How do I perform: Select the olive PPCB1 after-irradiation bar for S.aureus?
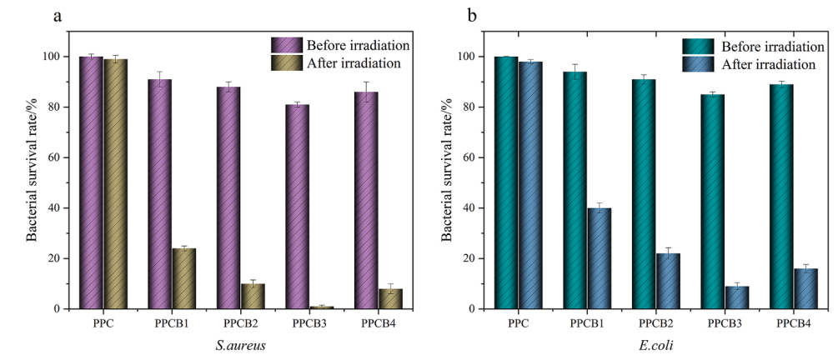(x=184, y=278)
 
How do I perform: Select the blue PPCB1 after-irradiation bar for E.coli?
(x=599, y=258)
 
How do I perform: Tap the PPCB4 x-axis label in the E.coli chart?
(x=795, y=321)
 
